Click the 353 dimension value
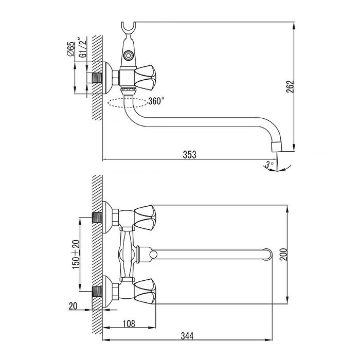(x=189, y=154)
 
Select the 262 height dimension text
(x=290, y=86)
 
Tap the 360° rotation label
(x=156, y=101)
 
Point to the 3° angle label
(x=269, y=165)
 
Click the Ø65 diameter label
(x=71, y=49)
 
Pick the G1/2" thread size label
(x=83, y=47)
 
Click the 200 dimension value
(x=284, y=254)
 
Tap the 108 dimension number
(x=129, y=323)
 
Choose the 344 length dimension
(x=187, y=336)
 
